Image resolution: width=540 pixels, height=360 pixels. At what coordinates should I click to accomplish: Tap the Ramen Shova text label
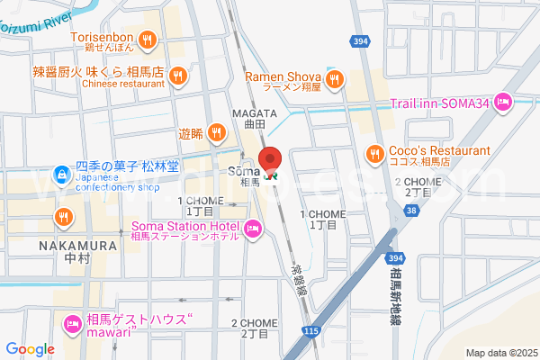[283, 77]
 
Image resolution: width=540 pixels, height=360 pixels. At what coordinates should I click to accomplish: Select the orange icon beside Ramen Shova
[334, 80]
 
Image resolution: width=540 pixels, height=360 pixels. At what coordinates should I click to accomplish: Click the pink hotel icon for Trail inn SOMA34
[503, 103]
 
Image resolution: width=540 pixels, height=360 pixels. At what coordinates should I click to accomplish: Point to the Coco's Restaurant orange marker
[373, 154]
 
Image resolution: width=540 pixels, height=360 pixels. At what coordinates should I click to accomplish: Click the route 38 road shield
[411, 210]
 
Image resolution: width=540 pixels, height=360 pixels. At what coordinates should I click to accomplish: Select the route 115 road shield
[311, 331]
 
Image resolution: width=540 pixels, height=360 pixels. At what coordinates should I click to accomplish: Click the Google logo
[30, 348]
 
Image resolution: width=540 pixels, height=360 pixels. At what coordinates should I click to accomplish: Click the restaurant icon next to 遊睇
[216, 134]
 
